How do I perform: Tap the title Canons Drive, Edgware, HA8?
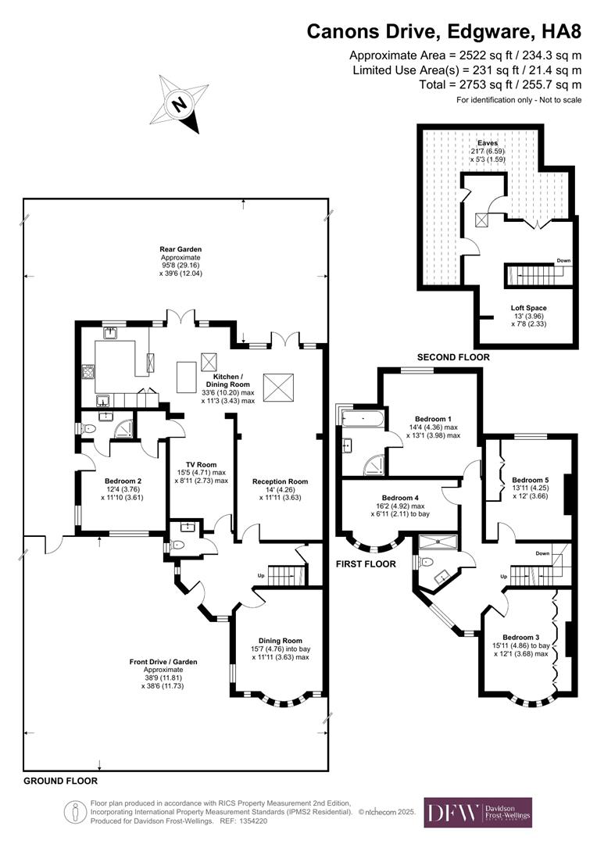point(444,31)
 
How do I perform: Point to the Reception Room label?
point(280,481)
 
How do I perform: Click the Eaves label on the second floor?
point(488,143)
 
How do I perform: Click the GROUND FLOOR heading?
point(60,781)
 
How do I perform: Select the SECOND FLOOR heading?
point(453,357)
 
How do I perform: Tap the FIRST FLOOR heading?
point(366,563)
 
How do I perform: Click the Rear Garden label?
point(181,250)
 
